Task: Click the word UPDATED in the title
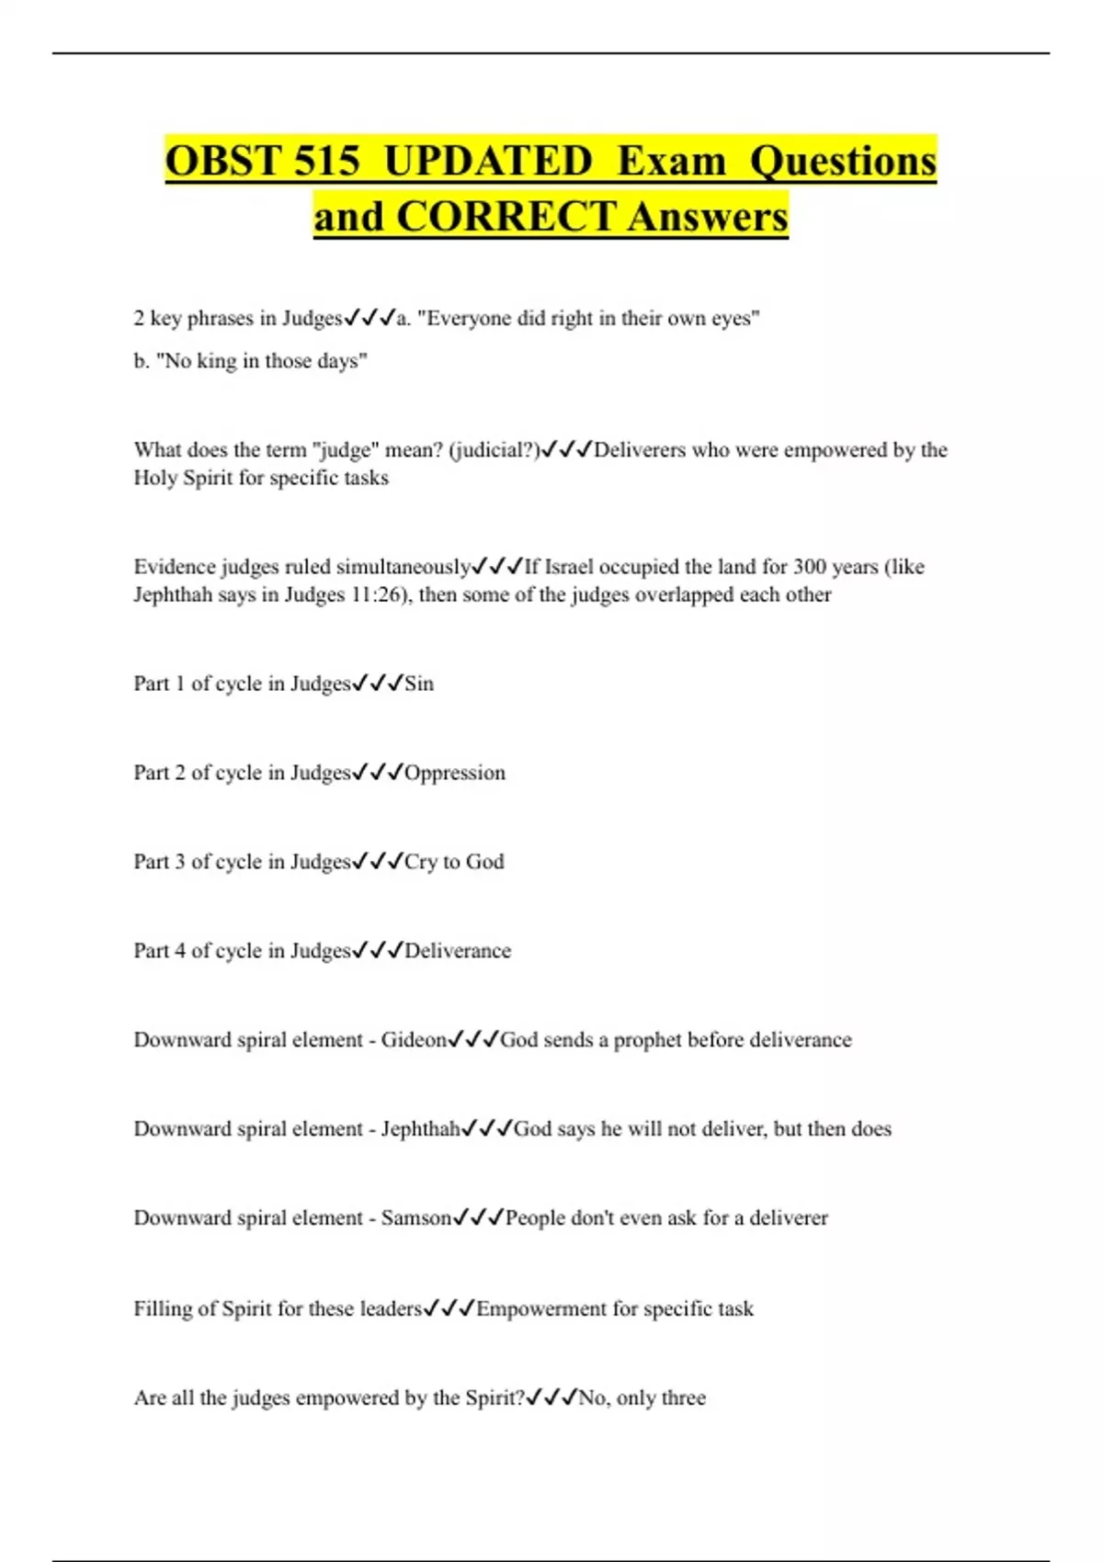click(x=488, y=161)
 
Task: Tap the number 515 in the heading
click(x=326, y=161)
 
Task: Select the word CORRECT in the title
click(x=506, y=217)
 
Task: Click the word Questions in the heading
click(x=843, y=161)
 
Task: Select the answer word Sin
click(x=419, y=684)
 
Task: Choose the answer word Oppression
click(x=455, y=773)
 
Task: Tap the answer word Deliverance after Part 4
click(x=458, y=951)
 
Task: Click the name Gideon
click(x=414, y=1040)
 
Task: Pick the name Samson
click(x=416, y=1218)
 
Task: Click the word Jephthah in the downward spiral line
click(x=420, y=1129)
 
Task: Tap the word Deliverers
click(x=640, y=450)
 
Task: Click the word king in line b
click(x=217, y=361)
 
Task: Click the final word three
click(x=683, y=1398)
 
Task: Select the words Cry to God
click(x=454, y=862)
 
